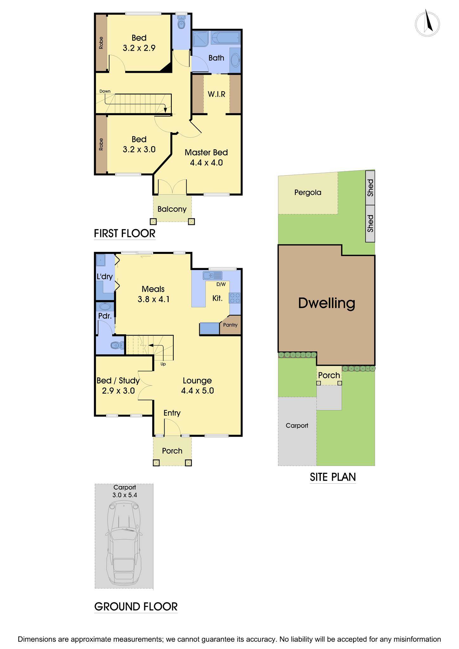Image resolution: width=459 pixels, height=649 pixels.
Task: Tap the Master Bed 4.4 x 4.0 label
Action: click(x=206, y=157)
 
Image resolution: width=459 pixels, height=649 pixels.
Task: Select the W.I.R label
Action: click(x=217, y=94)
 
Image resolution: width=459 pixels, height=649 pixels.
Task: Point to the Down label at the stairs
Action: click(x=105, y=91)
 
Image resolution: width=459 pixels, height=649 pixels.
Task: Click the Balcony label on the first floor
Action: click(x=172, y=209)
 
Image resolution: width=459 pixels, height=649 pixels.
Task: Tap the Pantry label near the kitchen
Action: click(x=230, y=325)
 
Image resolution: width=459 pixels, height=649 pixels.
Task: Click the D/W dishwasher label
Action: click(x=221, y=284)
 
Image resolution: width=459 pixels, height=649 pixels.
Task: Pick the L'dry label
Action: click(x=105, y=277)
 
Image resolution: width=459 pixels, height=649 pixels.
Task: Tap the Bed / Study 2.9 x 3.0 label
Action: click(x=118, y=386)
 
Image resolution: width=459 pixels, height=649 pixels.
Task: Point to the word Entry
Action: click(x=172, y=413)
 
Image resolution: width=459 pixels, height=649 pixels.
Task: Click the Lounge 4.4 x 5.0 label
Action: click(x=197, y=386)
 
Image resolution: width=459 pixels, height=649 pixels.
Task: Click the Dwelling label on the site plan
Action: click(x=326, y=303)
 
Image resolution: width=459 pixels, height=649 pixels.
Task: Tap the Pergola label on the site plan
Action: click(x=307, y=192)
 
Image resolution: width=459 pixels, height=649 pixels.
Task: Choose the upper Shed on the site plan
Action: click(x=370, y=188)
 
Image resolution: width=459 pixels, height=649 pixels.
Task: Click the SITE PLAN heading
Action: click(x=333, y=477)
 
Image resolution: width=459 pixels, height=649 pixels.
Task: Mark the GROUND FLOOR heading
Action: click(x=136, y=607)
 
